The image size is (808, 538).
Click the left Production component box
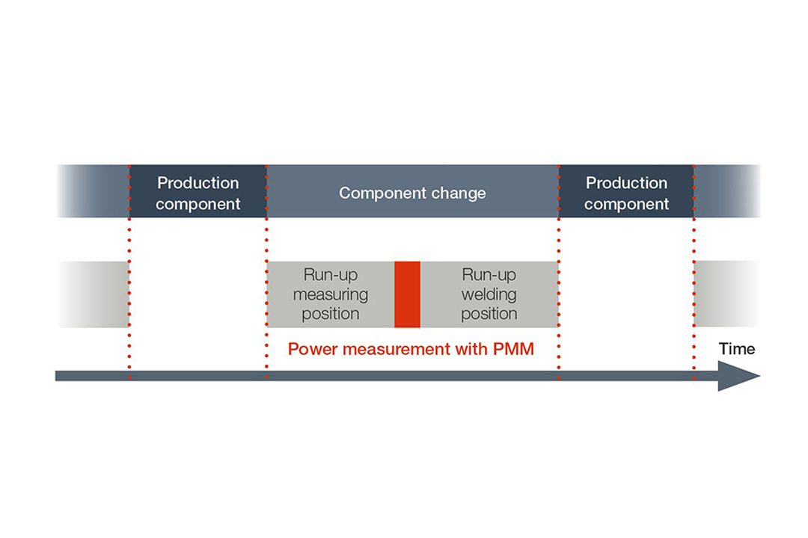coord(198,193)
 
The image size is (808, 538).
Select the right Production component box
coord(626,193)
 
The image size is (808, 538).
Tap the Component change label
coord(412,193)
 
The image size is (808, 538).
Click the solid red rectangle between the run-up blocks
coord(407,294)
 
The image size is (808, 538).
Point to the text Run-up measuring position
coord(331,294)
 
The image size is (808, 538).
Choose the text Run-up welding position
coord(489,294)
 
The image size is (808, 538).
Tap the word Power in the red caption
coord(310,349)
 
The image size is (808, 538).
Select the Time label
coord(737,348)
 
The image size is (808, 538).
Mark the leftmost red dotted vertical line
coord(129,299)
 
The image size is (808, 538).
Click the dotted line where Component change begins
coord(266,239)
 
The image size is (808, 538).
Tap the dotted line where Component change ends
coord(558,239)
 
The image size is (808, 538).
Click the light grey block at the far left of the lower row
coord(93,294)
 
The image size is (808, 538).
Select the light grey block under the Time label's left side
coord(726,294)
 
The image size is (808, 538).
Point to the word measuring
coord(331,294)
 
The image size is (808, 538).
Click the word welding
coord(489,294)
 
